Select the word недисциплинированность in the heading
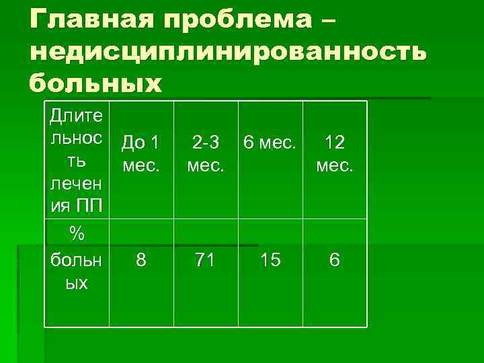coord(228,51)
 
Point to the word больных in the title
coord(96,84)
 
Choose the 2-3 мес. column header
coord(206,153)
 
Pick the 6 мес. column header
coord(270,143)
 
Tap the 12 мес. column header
coord(334,153)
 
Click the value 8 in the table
coord(140,259)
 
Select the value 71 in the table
coord(205,259)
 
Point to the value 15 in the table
coord(270,259)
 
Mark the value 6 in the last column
coord(334,259)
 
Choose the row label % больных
coord(77,259)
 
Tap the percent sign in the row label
coord(77,234)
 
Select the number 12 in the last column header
coord(334,143)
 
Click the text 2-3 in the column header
coord(206,143)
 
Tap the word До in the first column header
coord(130,143)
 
